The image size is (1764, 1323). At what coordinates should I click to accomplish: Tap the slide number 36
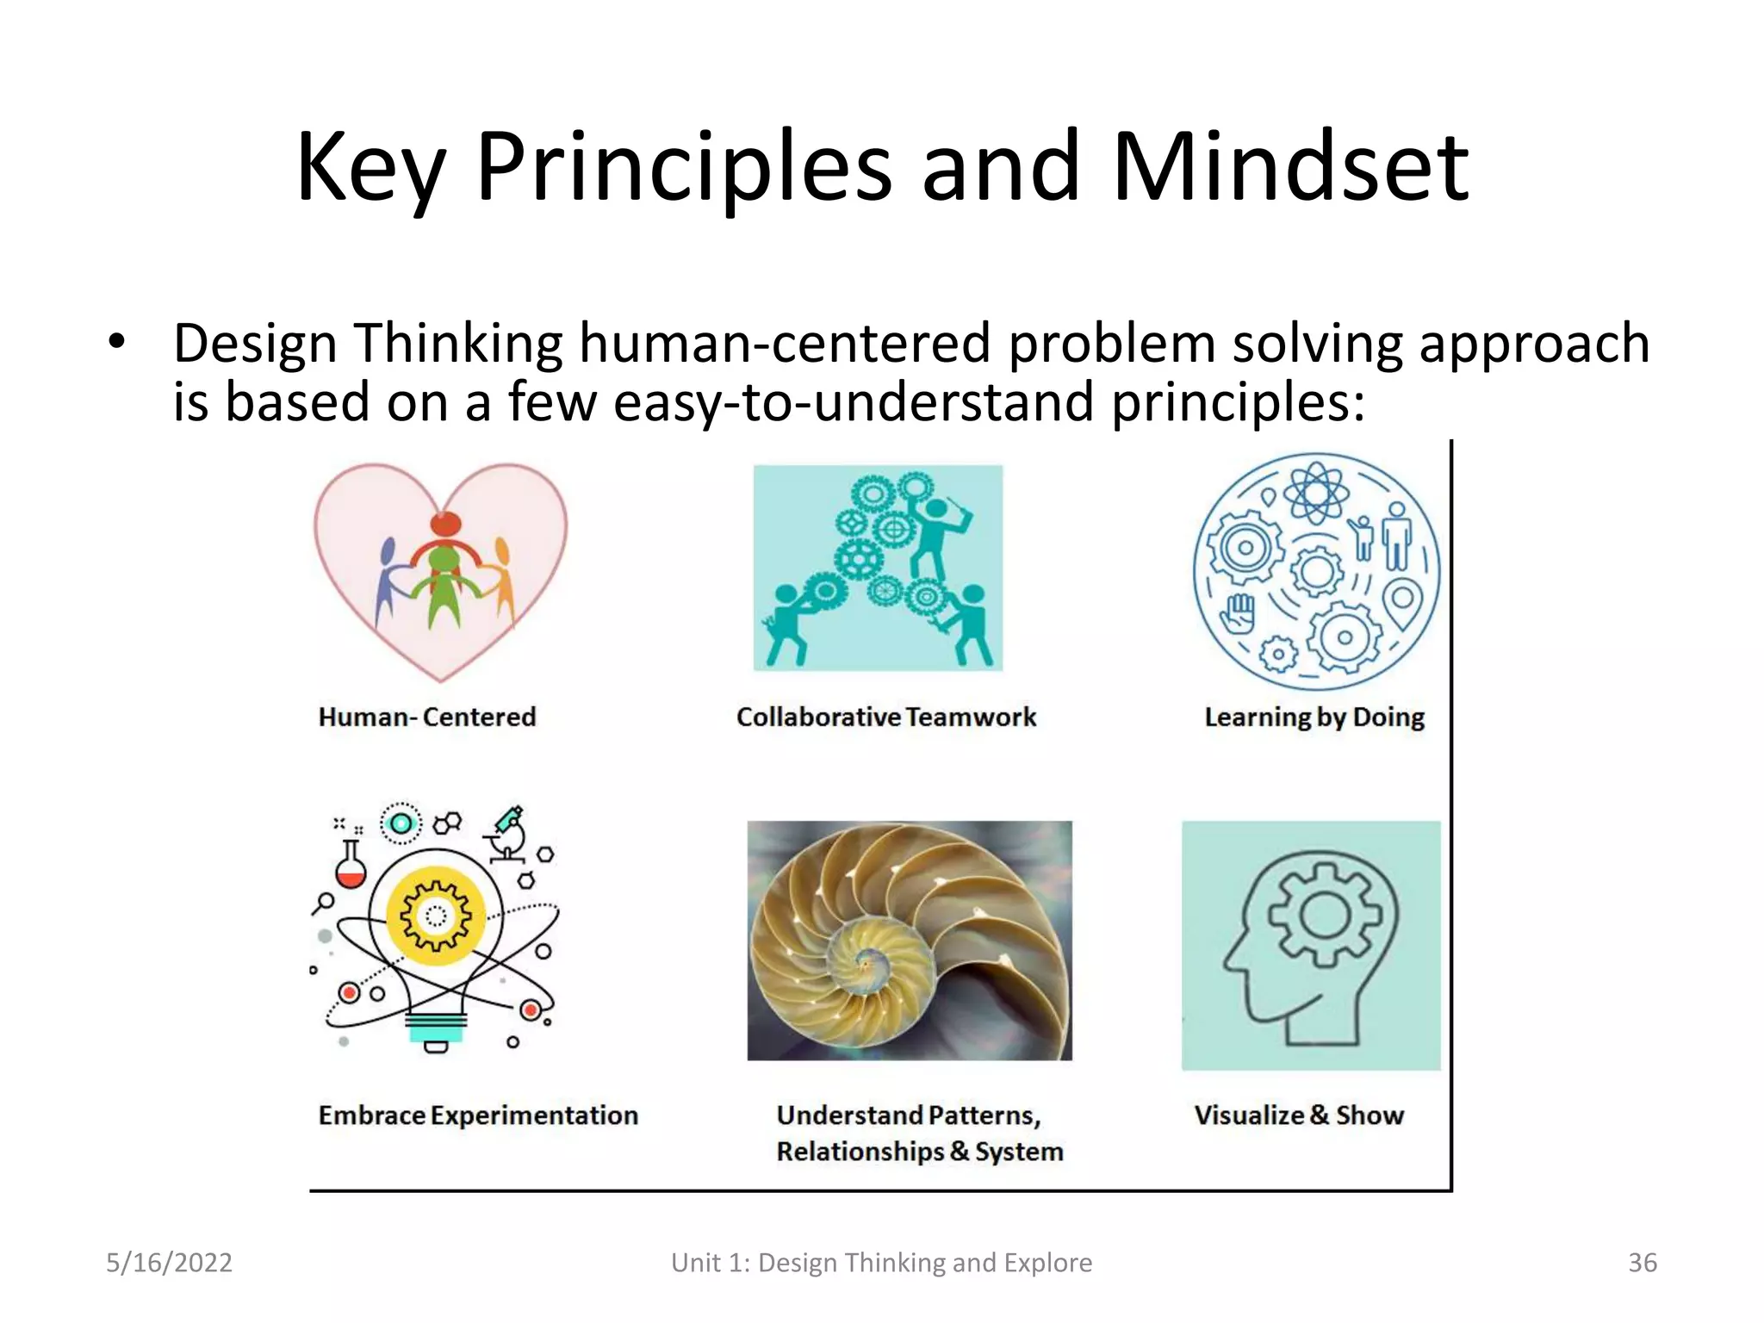pos(1642,1263)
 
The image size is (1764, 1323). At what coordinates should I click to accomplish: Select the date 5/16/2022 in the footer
pos(169,1263)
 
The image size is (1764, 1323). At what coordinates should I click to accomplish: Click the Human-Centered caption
pos(427,717)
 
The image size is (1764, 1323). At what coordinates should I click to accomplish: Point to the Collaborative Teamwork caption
pos(886,717)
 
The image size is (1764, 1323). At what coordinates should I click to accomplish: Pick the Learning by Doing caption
pos(1314,717)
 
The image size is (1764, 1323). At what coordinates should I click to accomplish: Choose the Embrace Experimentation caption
pos(478,1115)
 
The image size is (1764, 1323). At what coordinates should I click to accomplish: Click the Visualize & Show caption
pos(1299,1115)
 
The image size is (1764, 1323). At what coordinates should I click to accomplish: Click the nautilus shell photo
pos(910,941)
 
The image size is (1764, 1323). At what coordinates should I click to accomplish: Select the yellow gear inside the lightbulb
pos(436,916)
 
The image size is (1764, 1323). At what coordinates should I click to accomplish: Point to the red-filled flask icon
pos(351,866)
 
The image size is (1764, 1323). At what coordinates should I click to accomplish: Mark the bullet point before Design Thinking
pos(117,343)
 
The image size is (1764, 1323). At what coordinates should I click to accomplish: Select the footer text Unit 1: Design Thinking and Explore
pos(881,1263)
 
